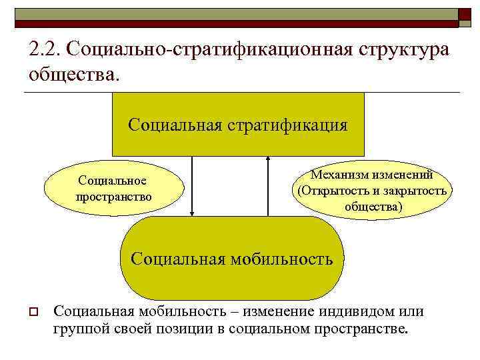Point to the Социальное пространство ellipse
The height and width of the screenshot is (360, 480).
pyautogui.click(x=113, y=189)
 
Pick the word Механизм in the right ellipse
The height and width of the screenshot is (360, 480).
pyautogui.click(x=339, y=175)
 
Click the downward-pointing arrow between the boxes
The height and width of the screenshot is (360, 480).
pyautogui.click(x=193, y=187)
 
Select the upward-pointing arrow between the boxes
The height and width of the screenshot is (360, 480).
pyautogui.click(x=268, y=187)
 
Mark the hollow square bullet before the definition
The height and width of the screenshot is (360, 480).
pyautogui.click(x=32, y=312)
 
